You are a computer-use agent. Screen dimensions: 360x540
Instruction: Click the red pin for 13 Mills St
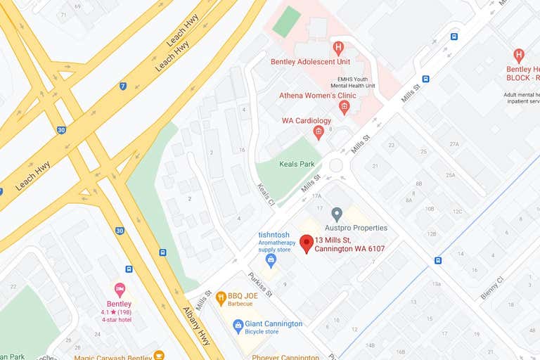tap(306, 243)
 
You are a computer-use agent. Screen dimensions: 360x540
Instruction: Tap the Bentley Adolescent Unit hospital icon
tap(338, 48)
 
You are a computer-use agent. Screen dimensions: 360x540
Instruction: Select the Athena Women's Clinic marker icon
tap(344, 108)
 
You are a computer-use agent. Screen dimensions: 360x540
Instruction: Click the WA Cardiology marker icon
tap(319, 132)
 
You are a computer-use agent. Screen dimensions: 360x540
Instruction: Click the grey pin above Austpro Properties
tap(337, 214)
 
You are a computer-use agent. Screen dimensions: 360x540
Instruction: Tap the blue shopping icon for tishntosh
tap(271, 261)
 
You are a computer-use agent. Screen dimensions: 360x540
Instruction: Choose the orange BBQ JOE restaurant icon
tap(221, 297)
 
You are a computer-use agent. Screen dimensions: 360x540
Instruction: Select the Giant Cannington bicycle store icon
tap(238, 326)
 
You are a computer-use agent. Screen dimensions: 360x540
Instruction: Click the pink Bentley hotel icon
tap(120, 290)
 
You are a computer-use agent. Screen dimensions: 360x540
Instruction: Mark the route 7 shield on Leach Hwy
tap(123, 86)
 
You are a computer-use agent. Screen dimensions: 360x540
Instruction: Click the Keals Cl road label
tap(264, 193)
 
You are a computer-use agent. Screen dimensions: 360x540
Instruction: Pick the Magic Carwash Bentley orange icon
tap(159, 355)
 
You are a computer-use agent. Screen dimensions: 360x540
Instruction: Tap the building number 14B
tap(370, 345)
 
